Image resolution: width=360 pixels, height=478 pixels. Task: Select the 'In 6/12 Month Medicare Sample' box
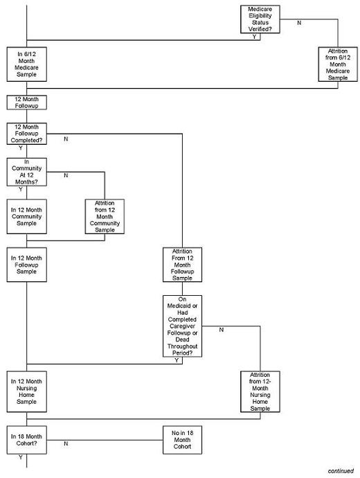coord(26,65)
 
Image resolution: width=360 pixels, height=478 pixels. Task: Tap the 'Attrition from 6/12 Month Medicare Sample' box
coord(337,65)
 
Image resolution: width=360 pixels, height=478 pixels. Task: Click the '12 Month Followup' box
coord(26,103)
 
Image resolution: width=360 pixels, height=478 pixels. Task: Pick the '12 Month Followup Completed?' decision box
coord(26,133)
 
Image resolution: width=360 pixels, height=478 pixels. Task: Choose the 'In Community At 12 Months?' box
coord(26,172)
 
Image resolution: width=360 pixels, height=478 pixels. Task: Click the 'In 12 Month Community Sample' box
coord(26,217)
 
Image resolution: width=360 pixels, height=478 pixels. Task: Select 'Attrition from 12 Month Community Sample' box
coord(104,217)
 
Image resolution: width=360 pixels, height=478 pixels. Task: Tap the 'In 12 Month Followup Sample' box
coord(26,265)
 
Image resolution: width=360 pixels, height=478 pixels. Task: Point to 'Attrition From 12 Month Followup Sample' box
coord(182,265)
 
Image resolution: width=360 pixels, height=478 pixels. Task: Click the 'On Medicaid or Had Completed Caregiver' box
coord(182,326)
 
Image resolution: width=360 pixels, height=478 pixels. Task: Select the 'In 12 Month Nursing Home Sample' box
coord(26,391)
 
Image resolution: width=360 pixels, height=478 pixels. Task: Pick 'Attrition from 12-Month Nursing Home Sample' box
coord(260,391)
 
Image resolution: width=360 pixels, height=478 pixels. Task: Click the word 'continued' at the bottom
coord(341,470)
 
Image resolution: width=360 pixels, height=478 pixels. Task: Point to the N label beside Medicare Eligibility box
coord(299,24)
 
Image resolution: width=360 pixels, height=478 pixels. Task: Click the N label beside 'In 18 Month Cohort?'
coord(66,444)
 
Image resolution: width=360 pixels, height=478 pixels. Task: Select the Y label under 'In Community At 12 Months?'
coord(20,189)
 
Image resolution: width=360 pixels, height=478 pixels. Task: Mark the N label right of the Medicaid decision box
coord(221,330)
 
